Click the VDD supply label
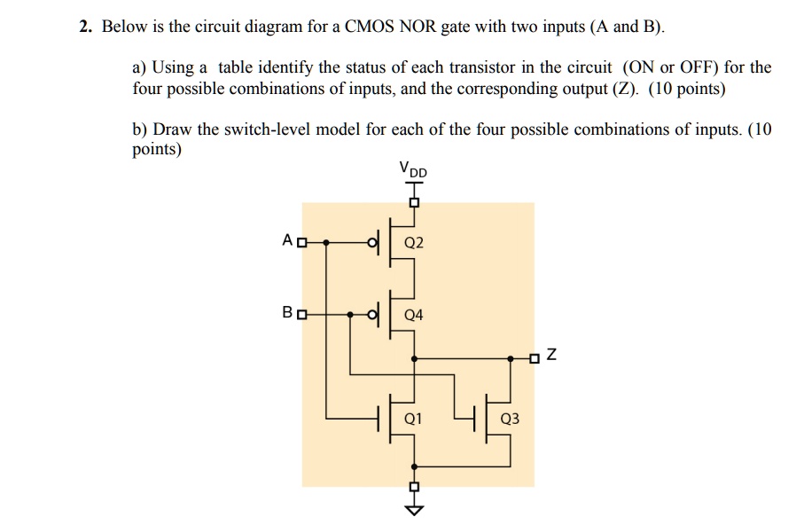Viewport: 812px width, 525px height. pyautogui.click(x=412, y=168)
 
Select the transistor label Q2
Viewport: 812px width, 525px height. pyautogui.click(x=414, y=242)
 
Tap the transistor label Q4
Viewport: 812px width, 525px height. pyautogui.click(x=414, y=315)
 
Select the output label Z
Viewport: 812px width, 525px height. pyautogui.click(x=551, y=357)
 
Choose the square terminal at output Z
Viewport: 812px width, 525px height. pyautogui.click(x=533, y=358)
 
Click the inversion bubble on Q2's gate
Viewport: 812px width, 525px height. pyautogui.click(x=373, y=242)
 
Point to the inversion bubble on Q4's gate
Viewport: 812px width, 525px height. pyautogui.click(x=373, y=315)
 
